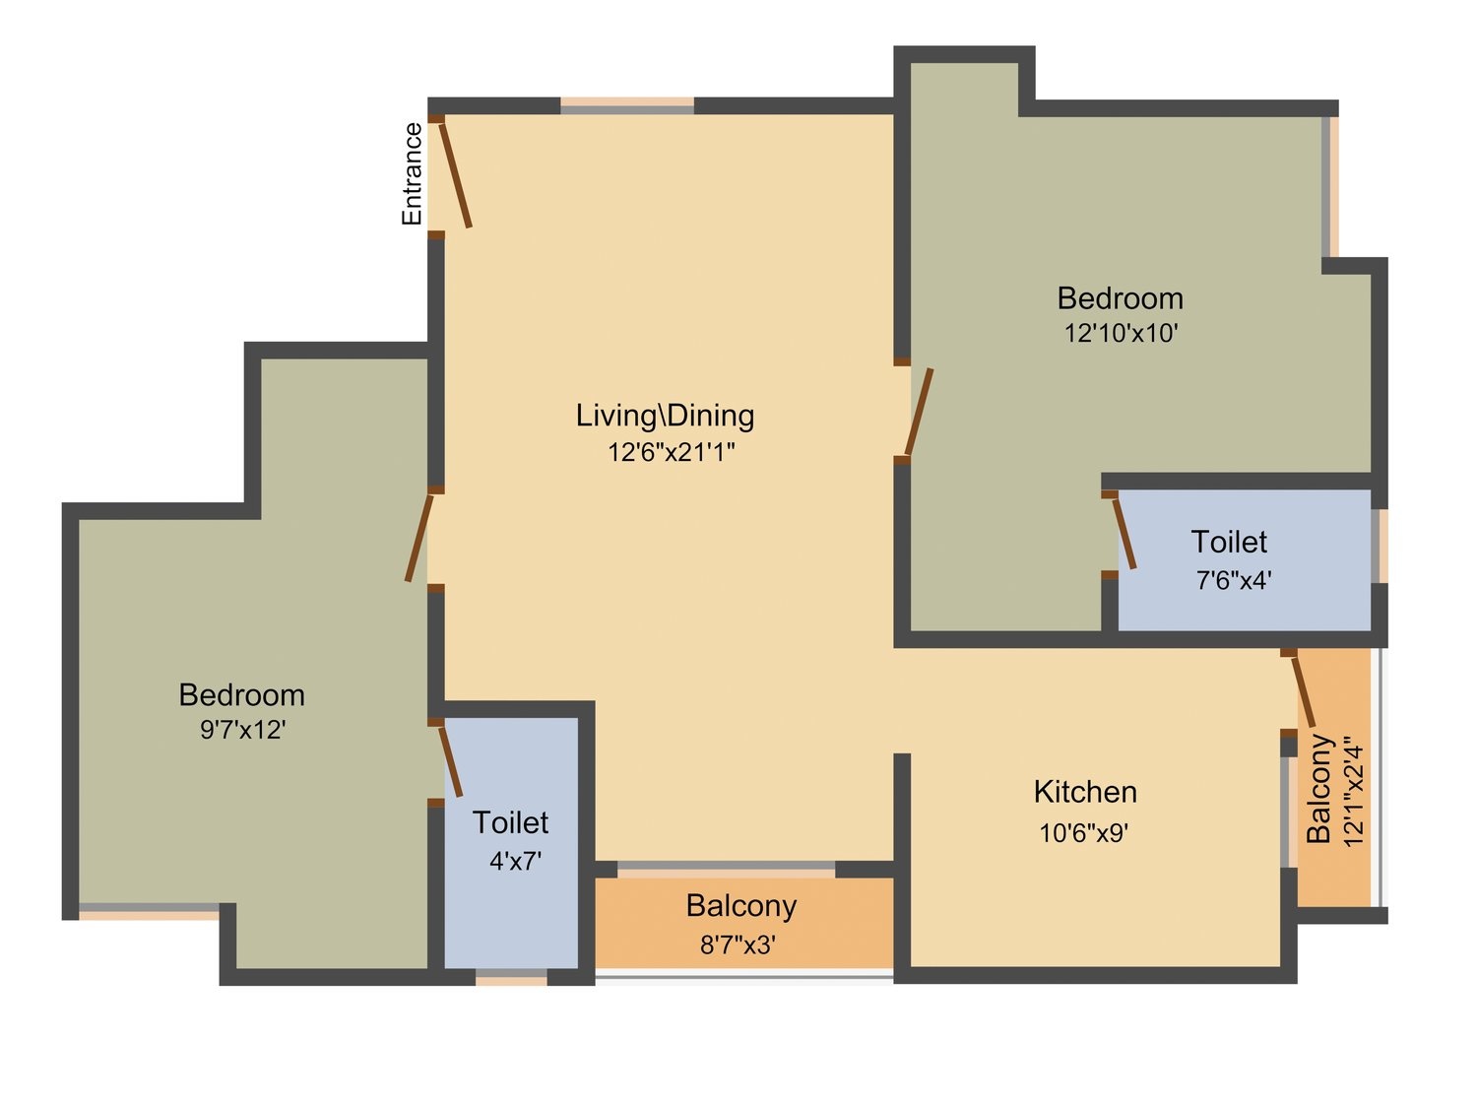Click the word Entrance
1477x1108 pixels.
click(412, 173)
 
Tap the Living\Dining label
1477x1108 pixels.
click(665, 415)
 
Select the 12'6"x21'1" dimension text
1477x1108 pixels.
click(671, 452)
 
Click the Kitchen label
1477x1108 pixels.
click(1085, 792)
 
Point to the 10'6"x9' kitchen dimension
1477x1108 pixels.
click(1084, 833)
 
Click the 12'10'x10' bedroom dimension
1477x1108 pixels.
click(1121, 333)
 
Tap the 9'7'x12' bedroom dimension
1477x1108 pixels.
click(243, 729)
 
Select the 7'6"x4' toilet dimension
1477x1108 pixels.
click(1234, 579)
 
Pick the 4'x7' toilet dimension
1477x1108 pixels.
click(515, 861)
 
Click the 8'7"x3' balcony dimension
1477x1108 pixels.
click(738, 945)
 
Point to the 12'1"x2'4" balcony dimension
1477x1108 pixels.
click(1353, 795)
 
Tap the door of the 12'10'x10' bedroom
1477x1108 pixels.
click(919, 412)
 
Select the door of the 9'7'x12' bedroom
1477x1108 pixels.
click(419, 538)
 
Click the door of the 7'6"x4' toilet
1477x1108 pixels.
click(1124, 534)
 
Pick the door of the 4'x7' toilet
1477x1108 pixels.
click(450, 762)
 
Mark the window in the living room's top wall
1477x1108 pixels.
click(627, 105)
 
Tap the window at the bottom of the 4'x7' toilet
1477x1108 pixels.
click(511, 976)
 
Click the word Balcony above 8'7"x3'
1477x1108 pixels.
click(741, 907)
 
